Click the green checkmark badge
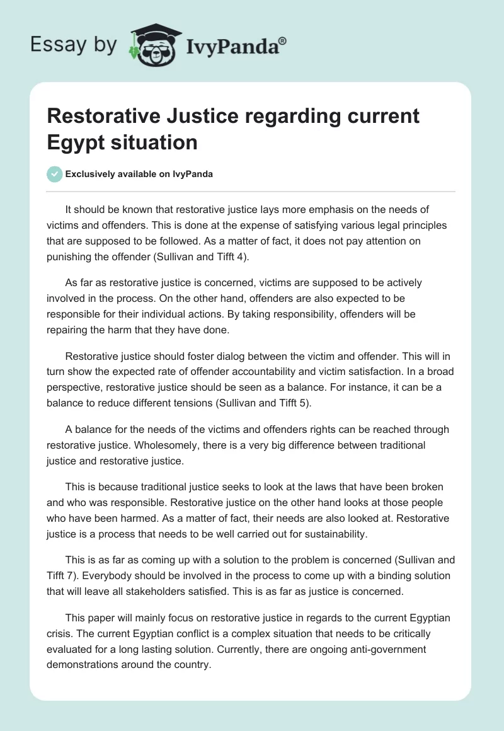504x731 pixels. click(55, 175)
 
